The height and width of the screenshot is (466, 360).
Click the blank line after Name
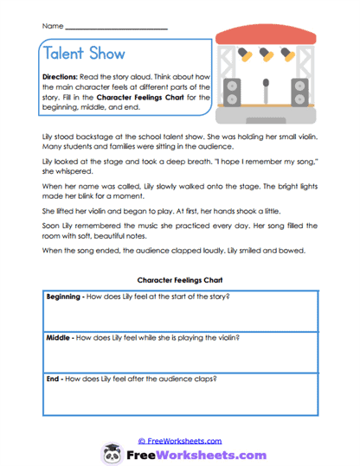pyautogui.click(x=116, y=29)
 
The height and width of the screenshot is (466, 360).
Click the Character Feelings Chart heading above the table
pyautogui.click(x=179, y=280)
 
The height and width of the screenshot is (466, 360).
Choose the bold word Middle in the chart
pyautogui.click(x=58, y=337)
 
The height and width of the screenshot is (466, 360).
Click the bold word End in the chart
pyautogui.click(x=53, y=379)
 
